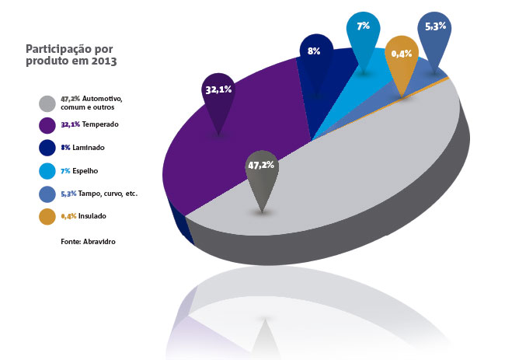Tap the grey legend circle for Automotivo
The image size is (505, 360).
pos(47,103)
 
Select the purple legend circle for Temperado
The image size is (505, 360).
pos(47,124)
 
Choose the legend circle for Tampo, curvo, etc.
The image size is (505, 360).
pos(47,192)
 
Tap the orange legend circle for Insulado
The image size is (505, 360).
pos(47,215)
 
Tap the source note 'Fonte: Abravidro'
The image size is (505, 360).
pos(88,242)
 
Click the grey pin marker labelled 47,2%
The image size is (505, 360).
pos(262,173)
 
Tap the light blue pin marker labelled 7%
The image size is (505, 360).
pos(363,36)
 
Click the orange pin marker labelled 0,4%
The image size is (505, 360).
pos(402,58)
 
